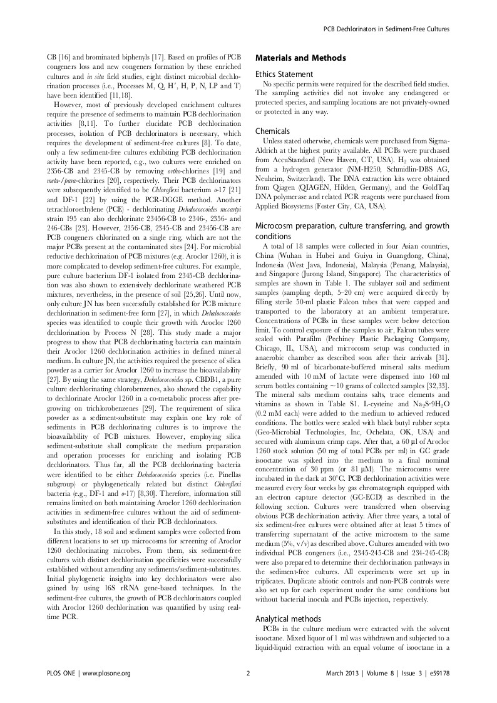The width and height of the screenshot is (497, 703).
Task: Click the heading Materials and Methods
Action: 300,58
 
